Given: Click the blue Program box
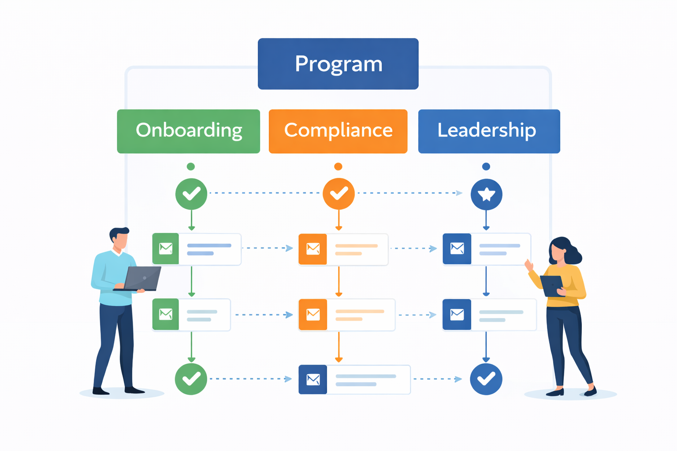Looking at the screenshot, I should pyautogui.click(x=338, y=64).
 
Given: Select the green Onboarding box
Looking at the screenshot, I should pyautogui.click(x=189, y=131).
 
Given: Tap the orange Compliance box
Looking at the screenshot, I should pyautogui.click(x=338, y=131).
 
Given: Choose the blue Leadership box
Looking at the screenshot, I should pyautogui.click(x=489, y=131).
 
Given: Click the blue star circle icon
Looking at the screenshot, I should pyautogui.click(x=486, y=194).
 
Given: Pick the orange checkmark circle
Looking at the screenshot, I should pyautogui.click(x=338, y=194).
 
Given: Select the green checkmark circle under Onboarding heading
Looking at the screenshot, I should pyautogui.click(x=191, y=194).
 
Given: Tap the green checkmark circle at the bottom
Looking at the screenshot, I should pyautogui.click(x=191, y=379).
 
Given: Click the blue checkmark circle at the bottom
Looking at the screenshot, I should pyautogui.click(x=486, y=379).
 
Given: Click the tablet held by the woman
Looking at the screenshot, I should pyautogui.click(x=552, y=286).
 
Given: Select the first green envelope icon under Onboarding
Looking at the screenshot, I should pyautogui.click(x=166, y=249).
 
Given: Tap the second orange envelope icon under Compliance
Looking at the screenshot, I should pyautogui.click(x=313, y=314).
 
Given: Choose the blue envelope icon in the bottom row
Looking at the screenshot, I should pyautogui.click(x=313, y=379).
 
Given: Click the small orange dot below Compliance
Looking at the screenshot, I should pyautogui.click(x=338, y=166).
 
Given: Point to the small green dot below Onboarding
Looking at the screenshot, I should pyautogui.click(x=191, y=166).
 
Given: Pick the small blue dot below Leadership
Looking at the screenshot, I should pyautogui.click(x=486, y=166).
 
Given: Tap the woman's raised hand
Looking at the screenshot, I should pyautogui.click(x=529, y=265).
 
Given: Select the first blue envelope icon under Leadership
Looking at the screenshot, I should pyautogui.click(x=457, y=249).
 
